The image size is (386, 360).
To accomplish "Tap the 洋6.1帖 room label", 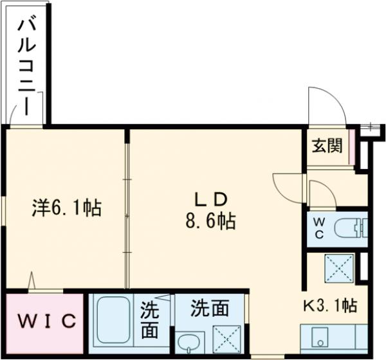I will click(x=67, y=208).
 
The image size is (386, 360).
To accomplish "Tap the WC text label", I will click(x=320, y=228).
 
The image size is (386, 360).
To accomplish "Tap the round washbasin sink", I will click(x=188, y=341).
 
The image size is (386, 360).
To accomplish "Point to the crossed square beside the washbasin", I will click(x=226, y=338).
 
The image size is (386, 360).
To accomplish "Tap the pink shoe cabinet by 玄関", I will click(x=350, y=147).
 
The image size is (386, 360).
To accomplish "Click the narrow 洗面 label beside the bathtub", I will click(x=151, y=319).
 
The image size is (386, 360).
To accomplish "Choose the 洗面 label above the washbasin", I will click(x=210, y=309).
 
